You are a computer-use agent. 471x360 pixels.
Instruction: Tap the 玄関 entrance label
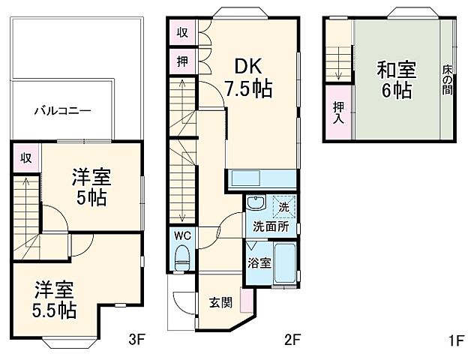coord(220,302)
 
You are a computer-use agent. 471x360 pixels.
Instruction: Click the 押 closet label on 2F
coord(182,61)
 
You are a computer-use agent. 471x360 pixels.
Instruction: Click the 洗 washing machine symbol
coord(283,205)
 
